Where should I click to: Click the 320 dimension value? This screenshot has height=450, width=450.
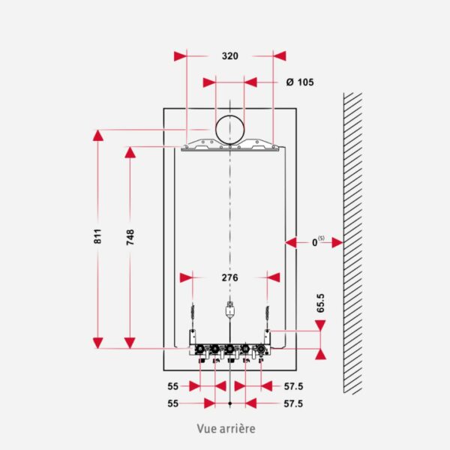pyautogui.click(x=230, y=56)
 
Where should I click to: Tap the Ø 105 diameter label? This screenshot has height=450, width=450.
pyautogui.click(x=300, y=82)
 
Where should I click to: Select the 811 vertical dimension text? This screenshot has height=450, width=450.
pyautogui.click(x=97, y=236)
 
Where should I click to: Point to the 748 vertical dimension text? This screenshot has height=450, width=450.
pyautogui.click(x=130, y=237)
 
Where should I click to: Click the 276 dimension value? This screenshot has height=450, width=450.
pyautogui.click(x=230, y=277)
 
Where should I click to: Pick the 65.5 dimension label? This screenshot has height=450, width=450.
pyautogui.click(x=320, y=303)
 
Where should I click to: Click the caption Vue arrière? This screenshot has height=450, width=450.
pyautogui.click(x=226, y=429)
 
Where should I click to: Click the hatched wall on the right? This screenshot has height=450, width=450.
pyautogui.click(x=352, y=243)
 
